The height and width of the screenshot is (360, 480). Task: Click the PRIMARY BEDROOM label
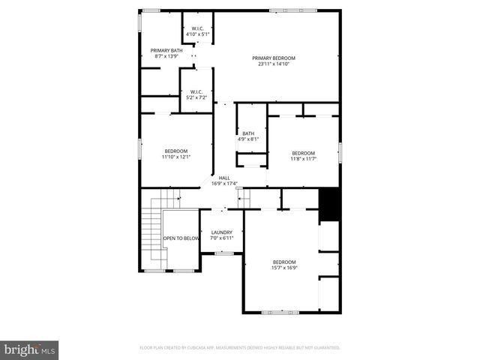(x=273, y=58)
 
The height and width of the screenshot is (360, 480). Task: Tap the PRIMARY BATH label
(x=166, y=50)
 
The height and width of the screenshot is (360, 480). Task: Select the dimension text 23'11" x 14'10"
(x=273, y=64)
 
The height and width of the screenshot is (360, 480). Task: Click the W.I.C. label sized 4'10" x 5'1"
(x=197, y=28)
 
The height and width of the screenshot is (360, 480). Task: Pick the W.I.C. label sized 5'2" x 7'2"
(x=197, y=91)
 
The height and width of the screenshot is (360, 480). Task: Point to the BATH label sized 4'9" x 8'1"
(x=248, y=133)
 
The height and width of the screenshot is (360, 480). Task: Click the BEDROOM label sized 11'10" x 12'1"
(x=176, y=151)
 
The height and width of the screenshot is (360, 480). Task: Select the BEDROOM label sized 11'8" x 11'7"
(x=303, y=152)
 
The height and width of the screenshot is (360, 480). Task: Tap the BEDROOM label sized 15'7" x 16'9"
(x=284, y=261)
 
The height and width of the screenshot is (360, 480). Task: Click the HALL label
(x=224, y=178)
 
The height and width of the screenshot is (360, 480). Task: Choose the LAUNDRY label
(x=221, y=232)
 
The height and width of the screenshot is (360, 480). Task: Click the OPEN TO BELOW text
(x=181, y=238)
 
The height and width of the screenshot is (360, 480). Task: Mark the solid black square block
(x=329, y=204)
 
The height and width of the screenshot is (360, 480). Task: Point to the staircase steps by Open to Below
(x=151, y=225)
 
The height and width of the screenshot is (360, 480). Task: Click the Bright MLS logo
(x=29, y=349)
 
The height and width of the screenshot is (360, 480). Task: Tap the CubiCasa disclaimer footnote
(x=239, y=347)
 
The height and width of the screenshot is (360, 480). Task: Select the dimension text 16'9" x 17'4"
(x=224, y=184)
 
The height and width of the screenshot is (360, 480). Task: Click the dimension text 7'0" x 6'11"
(x=221, y=238)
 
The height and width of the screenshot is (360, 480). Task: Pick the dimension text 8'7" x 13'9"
(x=166, y=56)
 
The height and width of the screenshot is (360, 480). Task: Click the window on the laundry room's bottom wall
(x=223, y=253)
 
